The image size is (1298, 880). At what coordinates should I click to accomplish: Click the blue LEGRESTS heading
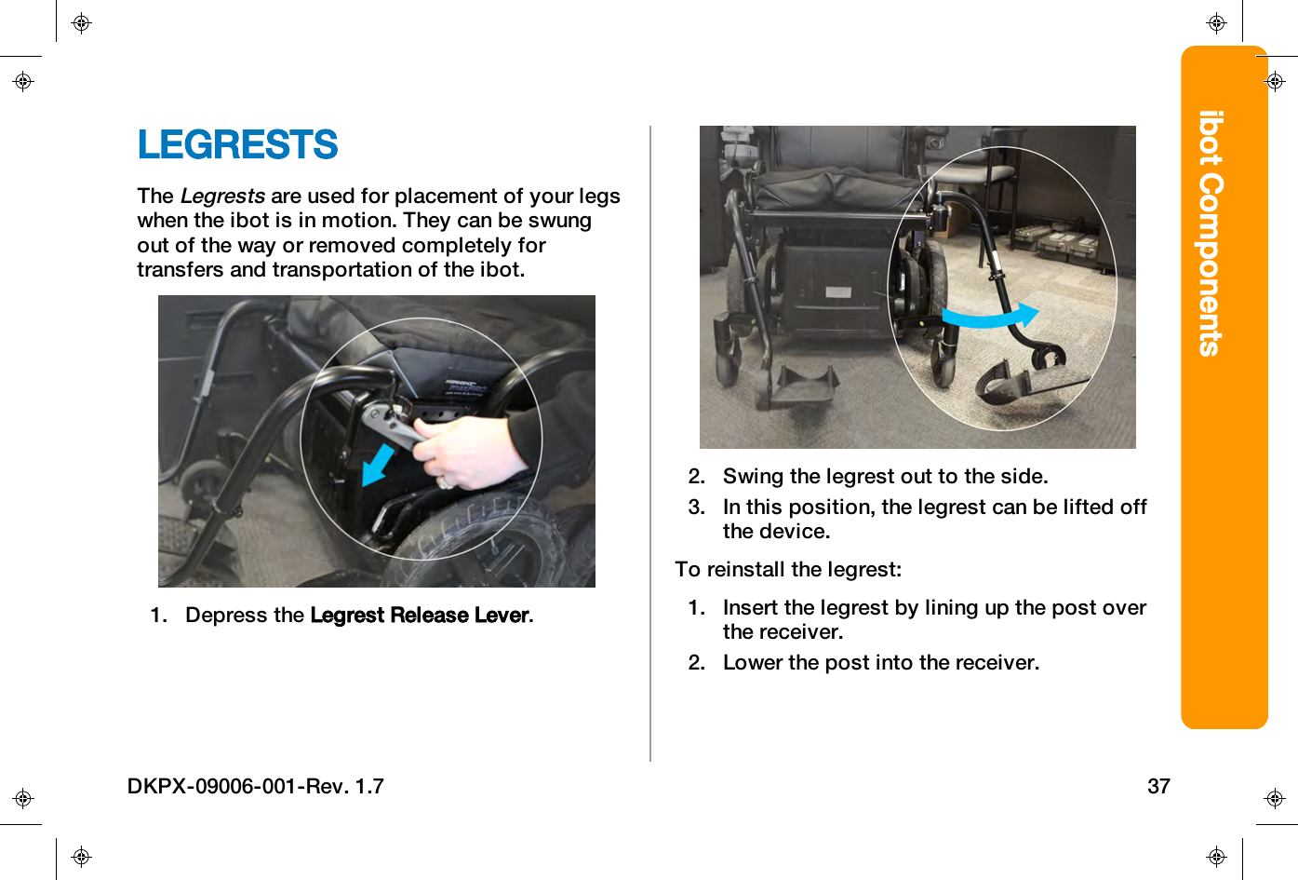click(x=237, y=145)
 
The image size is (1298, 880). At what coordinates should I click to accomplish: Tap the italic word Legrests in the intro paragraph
click(x=222, y=196)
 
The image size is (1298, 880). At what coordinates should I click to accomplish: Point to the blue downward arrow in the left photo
click(x=377, y=464)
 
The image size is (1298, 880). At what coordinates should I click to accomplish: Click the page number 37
click(x=1158, y=786)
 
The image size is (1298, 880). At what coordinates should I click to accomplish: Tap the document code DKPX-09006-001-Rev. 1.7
click(x=256, y=786)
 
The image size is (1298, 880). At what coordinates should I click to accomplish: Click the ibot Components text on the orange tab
click(x=1211, y=233)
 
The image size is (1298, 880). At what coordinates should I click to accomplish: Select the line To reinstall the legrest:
click(x=788, y=569)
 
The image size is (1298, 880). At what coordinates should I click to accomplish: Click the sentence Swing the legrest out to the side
click(x=885, y=477)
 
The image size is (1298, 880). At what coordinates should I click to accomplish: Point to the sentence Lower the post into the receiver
click(x=880, y=663)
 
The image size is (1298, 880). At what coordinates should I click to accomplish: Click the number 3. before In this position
click(x=697, y=508)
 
